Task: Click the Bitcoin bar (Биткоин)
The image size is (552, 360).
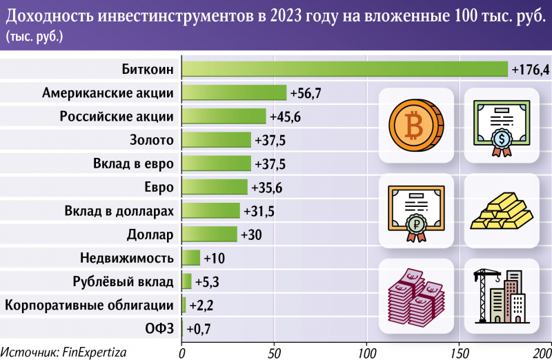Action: click(x=344, y=69)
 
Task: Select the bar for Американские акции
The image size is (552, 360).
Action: click(x=233, y=92)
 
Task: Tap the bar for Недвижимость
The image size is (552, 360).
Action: click(x=190, y=258)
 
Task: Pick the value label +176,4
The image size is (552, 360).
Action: click(x=530, y=69)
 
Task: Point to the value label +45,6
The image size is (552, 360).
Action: click(x=285, y=116)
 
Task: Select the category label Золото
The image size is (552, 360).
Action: click(x=152, y=140)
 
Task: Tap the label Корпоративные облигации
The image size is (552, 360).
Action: click(x=88, y=305)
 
